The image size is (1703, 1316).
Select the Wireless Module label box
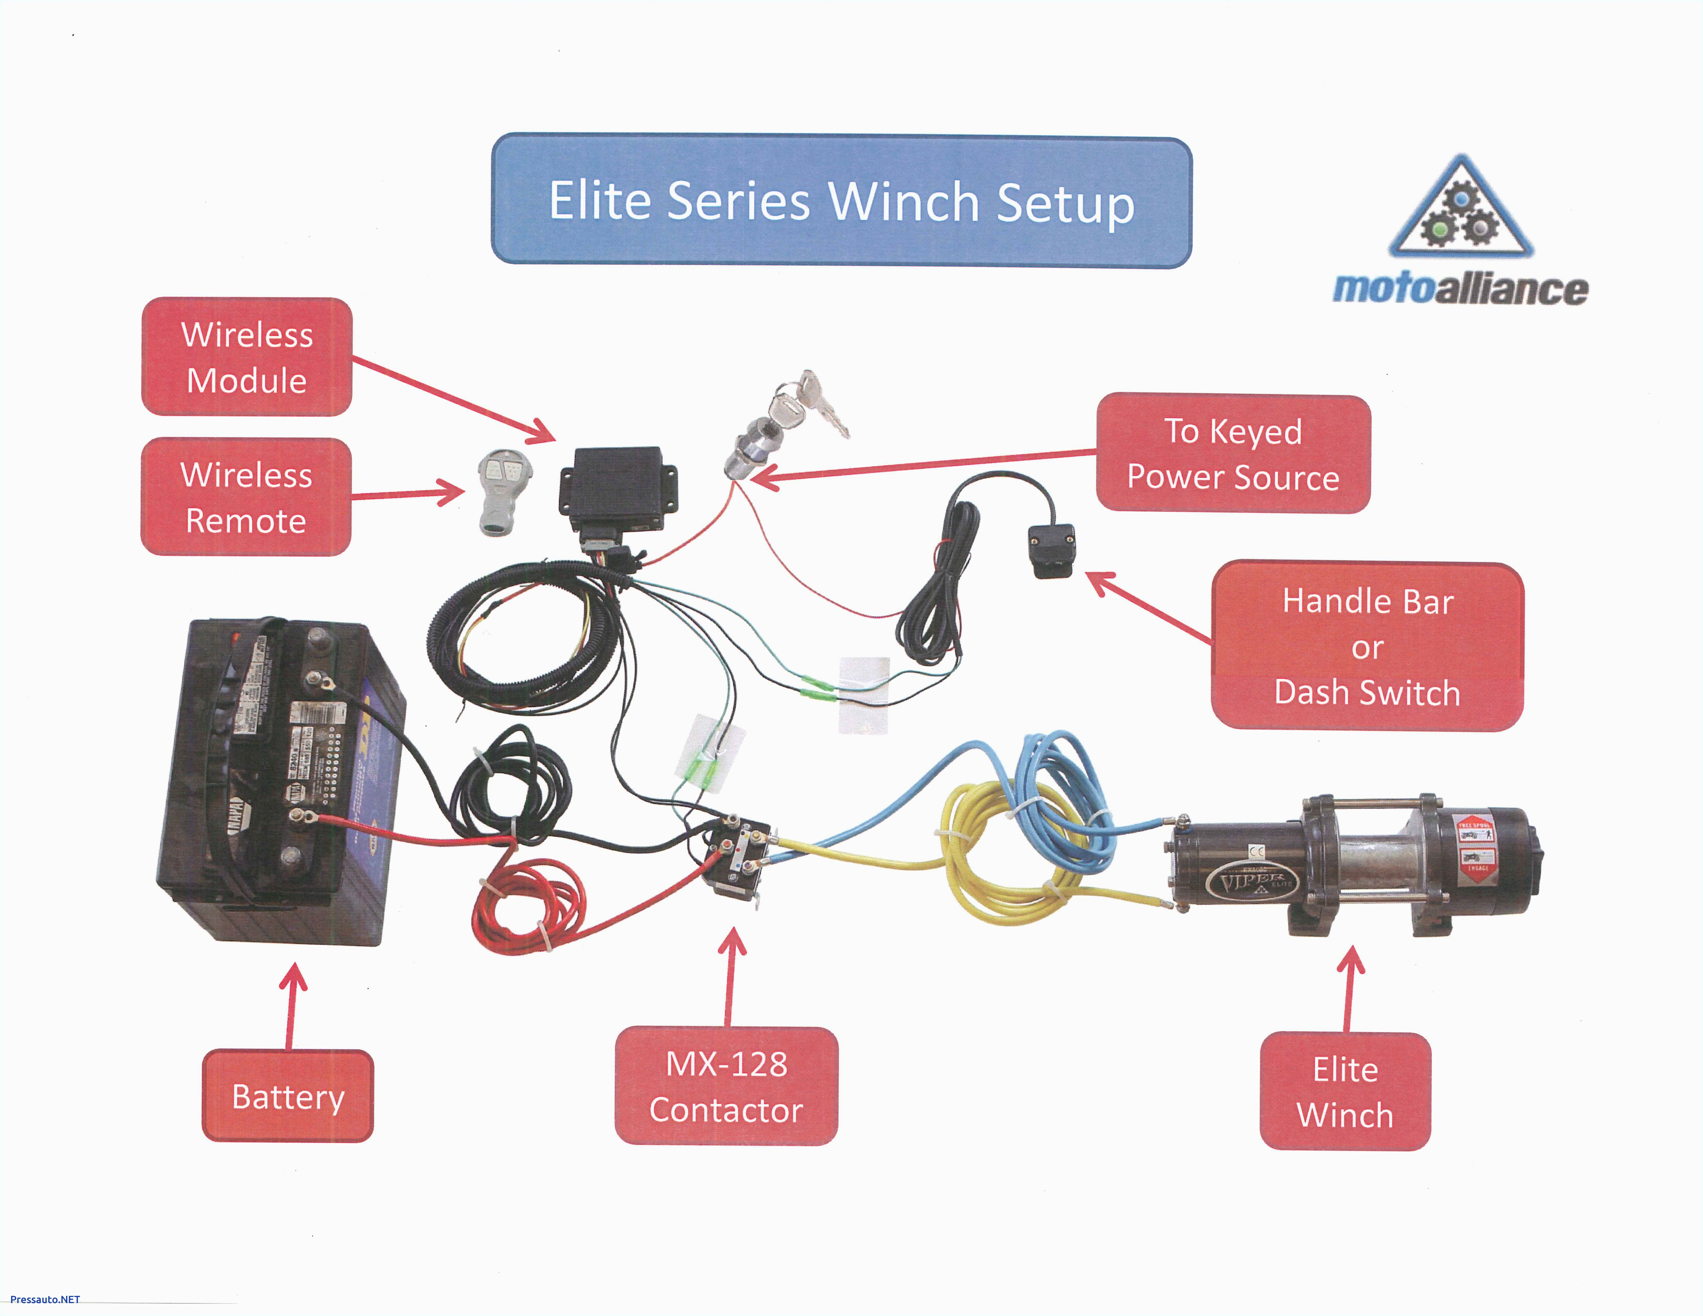(246, 357)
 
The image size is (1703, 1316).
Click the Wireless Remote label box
(246, 497)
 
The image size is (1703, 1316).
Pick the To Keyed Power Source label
(1233, 454)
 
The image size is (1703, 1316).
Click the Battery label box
(288, 1096)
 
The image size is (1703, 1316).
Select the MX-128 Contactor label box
(726, 1086)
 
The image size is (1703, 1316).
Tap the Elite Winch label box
(1345, 1092)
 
